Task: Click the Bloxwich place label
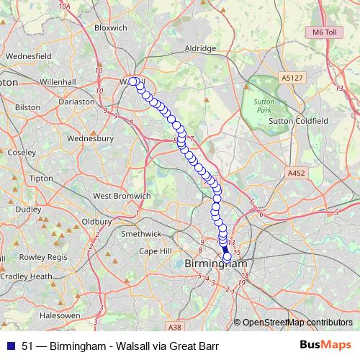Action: tap(110, 29)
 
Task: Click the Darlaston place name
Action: tap(76, 102)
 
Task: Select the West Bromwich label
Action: tap(122, 196)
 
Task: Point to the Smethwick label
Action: tap(141, 233)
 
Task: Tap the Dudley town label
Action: tap(29, 209)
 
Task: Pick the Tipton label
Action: tap(41, 178)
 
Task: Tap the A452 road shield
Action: tap(297, 174)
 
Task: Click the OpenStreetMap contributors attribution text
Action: tap(297, 322)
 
